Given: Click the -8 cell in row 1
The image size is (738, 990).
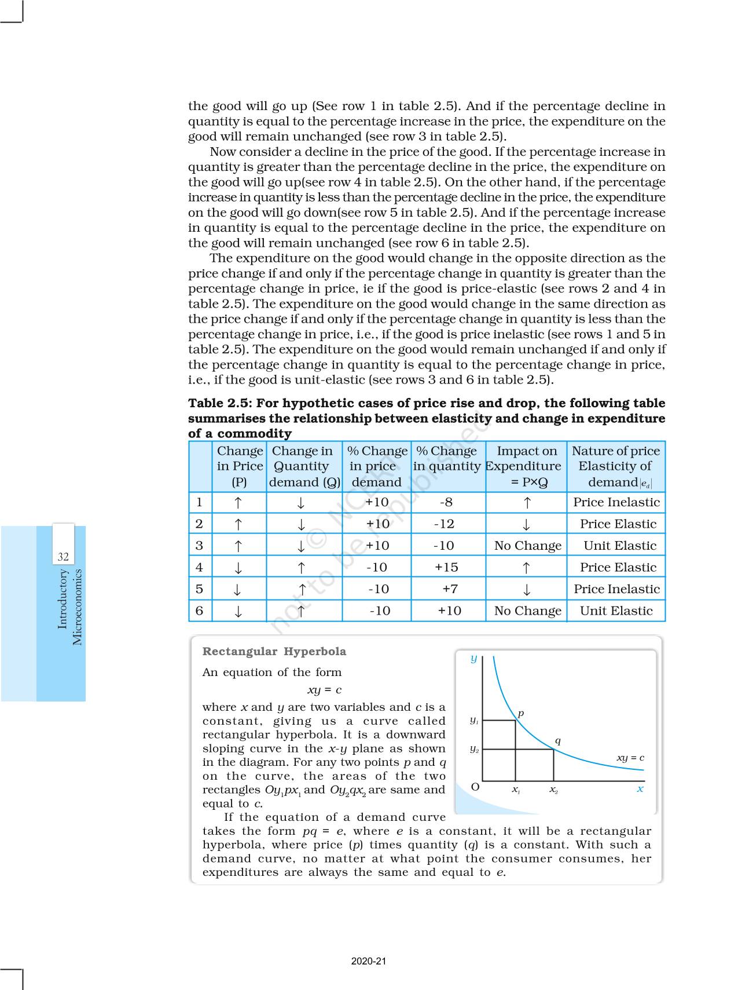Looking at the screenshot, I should (446, 502).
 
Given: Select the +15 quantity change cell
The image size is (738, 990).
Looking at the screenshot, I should (446, 567).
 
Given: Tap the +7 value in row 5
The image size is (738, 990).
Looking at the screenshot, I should (450, 589).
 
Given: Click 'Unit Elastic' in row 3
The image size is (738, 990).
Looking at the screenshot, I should (619, 546).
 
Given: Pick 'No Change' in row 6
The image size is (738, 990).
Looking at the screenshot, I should (527, 611).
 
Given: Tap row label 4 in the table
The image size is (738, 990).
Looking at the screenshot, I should (200, 567).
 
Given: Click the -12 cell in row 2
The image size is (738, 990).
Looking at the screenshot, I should (444, 524).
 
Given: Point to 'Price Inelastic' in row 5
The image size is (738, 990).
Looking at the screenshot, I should (616, 589).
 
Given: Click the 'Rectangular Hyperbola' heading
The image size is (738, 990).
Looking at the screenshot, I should (274, 651).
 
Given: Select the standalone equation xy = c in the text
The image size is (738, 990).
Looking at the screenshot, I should (324, 690).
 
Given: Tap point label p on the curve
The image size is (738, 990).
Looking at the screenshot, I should (520, 713).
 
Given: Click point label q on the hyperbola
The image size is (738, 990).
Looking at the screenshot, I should (557, 741).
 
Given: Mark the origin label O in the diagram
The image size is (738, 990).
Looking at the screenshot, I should (475, 787).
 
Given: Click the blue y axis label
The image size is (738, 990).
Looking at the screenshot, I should (473, 659).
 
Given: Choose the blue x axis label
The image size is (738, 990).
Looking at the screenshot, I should (640, 789).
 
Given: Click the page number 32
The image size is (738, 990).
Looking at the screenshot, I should (63, 557).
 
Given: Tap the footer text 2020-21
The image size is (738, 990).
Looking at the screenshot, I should (369, 961).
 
